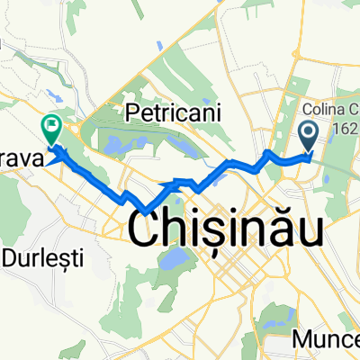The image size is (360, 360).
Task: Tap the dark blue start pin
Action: [x=308, y=137]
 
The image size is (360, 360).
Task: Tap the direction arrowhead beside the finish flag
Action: [x=60, y=155]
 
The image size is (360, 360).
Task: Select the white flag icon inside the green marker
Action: [x=51, y=125]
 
